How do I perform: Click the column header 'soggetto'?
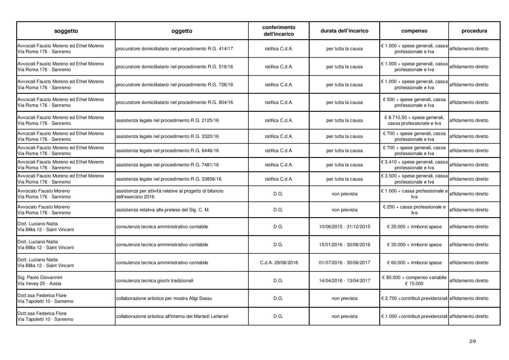pyautogui.click(x=66, y=31)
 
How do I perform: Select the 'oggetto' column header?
pyautogui.click(x=182, y=31)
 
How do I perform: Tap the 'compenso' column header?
pyautogui.click(x=414, y=31)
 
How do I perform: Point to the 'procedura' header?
pyautogui.click(x=474, y=31)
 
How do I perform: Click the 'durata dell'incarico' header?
pyautogui.click(x=344, y=31)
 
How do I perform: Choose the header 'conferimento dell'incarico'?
pyautogui.click(x=279, y=31)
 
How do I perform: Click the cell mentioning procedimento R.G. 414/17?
pyautogui.click(x=174, y=49)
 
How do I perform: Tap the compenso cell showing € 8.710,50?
pyautogui.click(x=414, y=120)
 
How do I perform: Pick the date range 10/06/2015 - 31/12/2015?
pyautogui.click(x=344, y=227)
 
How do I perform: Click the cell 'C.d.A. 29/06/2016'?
pyautogui.click(x=279, y=263)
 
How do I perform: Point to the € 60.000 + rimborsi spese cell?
pyautogui.click(x=414, y=263)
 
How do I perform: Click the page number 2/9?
pyautogui.click(x=472, y=341)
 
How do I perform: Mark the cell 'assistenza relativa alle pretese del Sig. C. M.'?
pyautogui.click(x=162, y=210)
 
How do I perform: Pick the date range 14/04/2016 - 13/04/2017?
pyautogui.click(x=344, y=280)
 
